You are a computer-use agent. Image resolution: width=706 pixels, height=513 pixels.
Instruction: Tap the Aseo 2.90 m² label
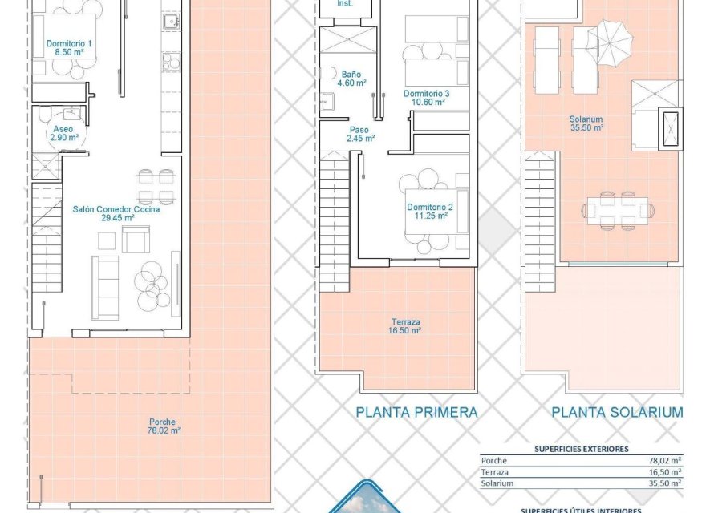63,133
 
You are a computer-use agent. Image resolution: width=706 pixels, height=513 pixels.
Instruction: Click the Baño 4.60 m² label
351,78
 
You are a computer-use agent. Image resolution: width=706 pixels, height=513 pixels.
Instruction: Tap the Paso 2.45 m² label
360,133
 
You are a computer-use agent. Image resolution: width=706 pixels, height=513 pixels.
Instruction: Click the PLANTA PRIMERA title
416,413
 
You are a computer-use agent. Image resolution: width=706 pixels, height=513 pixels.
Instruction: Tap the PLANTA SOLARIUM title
617,413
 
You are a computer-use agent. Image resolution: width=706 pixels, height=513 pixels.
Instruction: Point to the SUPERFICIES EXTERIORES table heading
582,450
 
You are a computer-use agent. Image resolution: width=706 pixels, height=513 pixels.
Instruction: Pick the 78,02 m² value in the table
665,461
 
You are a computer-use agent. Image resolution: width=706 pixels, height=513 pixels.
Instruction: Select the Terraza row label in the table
495,472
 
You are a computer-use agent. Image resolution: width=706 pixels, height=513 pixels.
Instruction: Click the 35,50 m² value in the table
665,483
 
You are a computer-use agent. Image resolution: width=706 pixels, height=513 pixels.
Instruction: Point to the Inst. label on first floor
345,4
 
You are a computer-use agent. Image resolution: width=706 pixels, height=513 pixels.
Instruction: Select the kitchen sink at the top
171,21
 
